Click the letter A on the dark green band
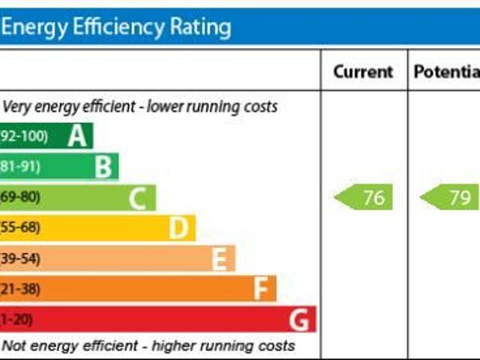point(76,136)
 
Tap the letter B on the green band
point(103,167)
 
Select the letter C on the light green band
point(136,199)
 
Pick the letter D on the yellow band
point(178,228)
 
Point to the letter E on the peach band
point(218,259)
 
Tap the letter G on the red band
point(299,320)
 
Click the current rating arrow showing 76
point(364,198)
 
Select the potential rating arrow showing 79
point(451,198)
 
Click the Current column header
point(363,72)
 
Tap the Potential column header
point(446,72)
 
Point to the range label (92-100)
point(24,136)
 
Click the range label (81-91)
point(20,166)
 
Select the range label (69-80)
point(20,197)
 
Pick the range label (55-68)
point(20,227)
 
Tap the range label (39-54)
point(20,258)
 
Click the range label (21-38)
point(20,289)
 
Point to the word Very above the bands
point(17,106)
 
